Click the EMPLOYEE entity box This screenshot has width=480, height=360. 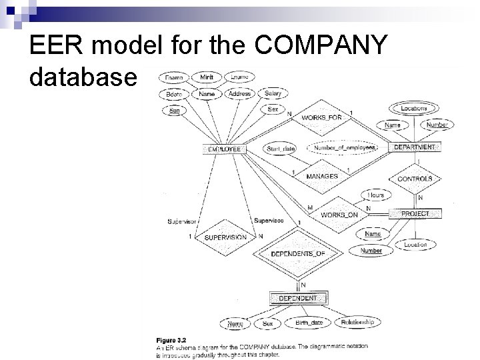click(225, 149)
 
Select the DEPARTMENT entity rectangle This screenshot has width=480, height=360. click(414, 147)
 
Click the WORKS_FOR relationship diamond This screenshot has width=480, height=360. click(322, 118)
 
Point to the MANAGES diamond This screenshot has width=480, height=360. click(322, 176)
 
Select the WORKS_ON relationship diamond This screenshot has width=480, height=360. click(339, 215)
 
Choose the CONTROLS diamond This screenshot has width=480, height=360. click(415, 179)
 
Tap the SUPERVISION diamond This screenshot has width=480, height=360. click(225, 237)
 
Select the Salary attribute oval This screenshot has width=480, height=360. click(272, 94)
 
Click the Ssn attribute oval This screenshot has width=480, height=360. click(173, 111)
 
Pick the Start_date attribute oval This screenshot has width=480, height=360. click(281, 147)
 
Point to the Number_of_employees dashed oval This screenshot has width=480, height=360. click(341, 147)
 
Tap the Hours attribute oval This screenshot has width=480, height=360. click(376, 195)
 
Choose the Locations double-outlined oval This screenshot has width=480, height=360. click(414, 108)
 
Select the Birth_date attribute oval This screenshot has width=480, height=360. click(309, 323)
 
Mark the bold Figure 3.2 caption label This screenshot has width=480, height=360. click(170, 339)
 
